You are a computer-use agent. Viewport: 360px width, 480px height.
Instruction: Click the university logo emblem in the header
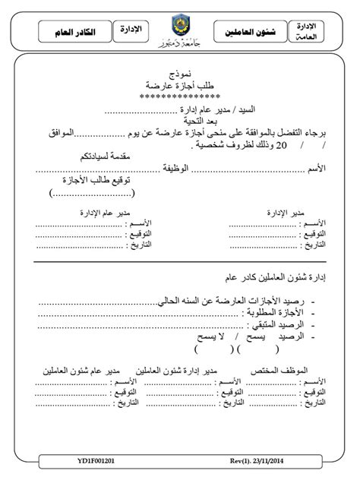click(181, 25)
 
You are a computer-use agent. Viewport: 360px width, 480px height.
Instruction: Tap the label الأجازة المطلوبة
click(280, 311)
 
